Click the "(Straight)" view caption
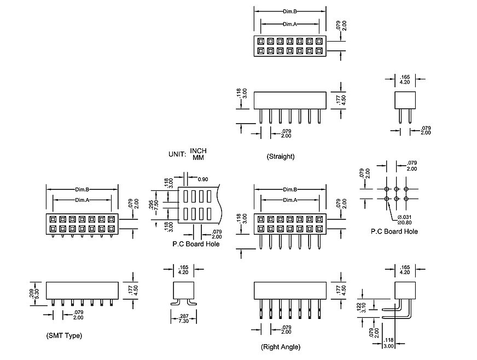tap(281, 156)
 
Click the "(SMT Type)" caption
tap(65, 335)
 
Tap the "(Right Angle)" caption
tap(281, 347)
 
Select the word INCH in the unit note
tap(199, 151)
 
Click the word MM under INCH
tap(198, 158)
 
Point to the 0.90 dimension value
tap(203, 179)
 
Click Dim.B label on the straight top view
tap(290, 11)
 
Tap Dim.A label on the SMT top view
tap(82, 200)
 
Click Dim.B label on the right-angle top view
tap(290, 189)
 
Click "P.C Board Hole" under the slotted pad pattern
tap(196, 243)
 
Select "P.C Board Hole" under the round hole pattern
tap(394, 231)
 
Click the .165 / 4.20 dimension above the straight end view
tap(405, 80)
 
